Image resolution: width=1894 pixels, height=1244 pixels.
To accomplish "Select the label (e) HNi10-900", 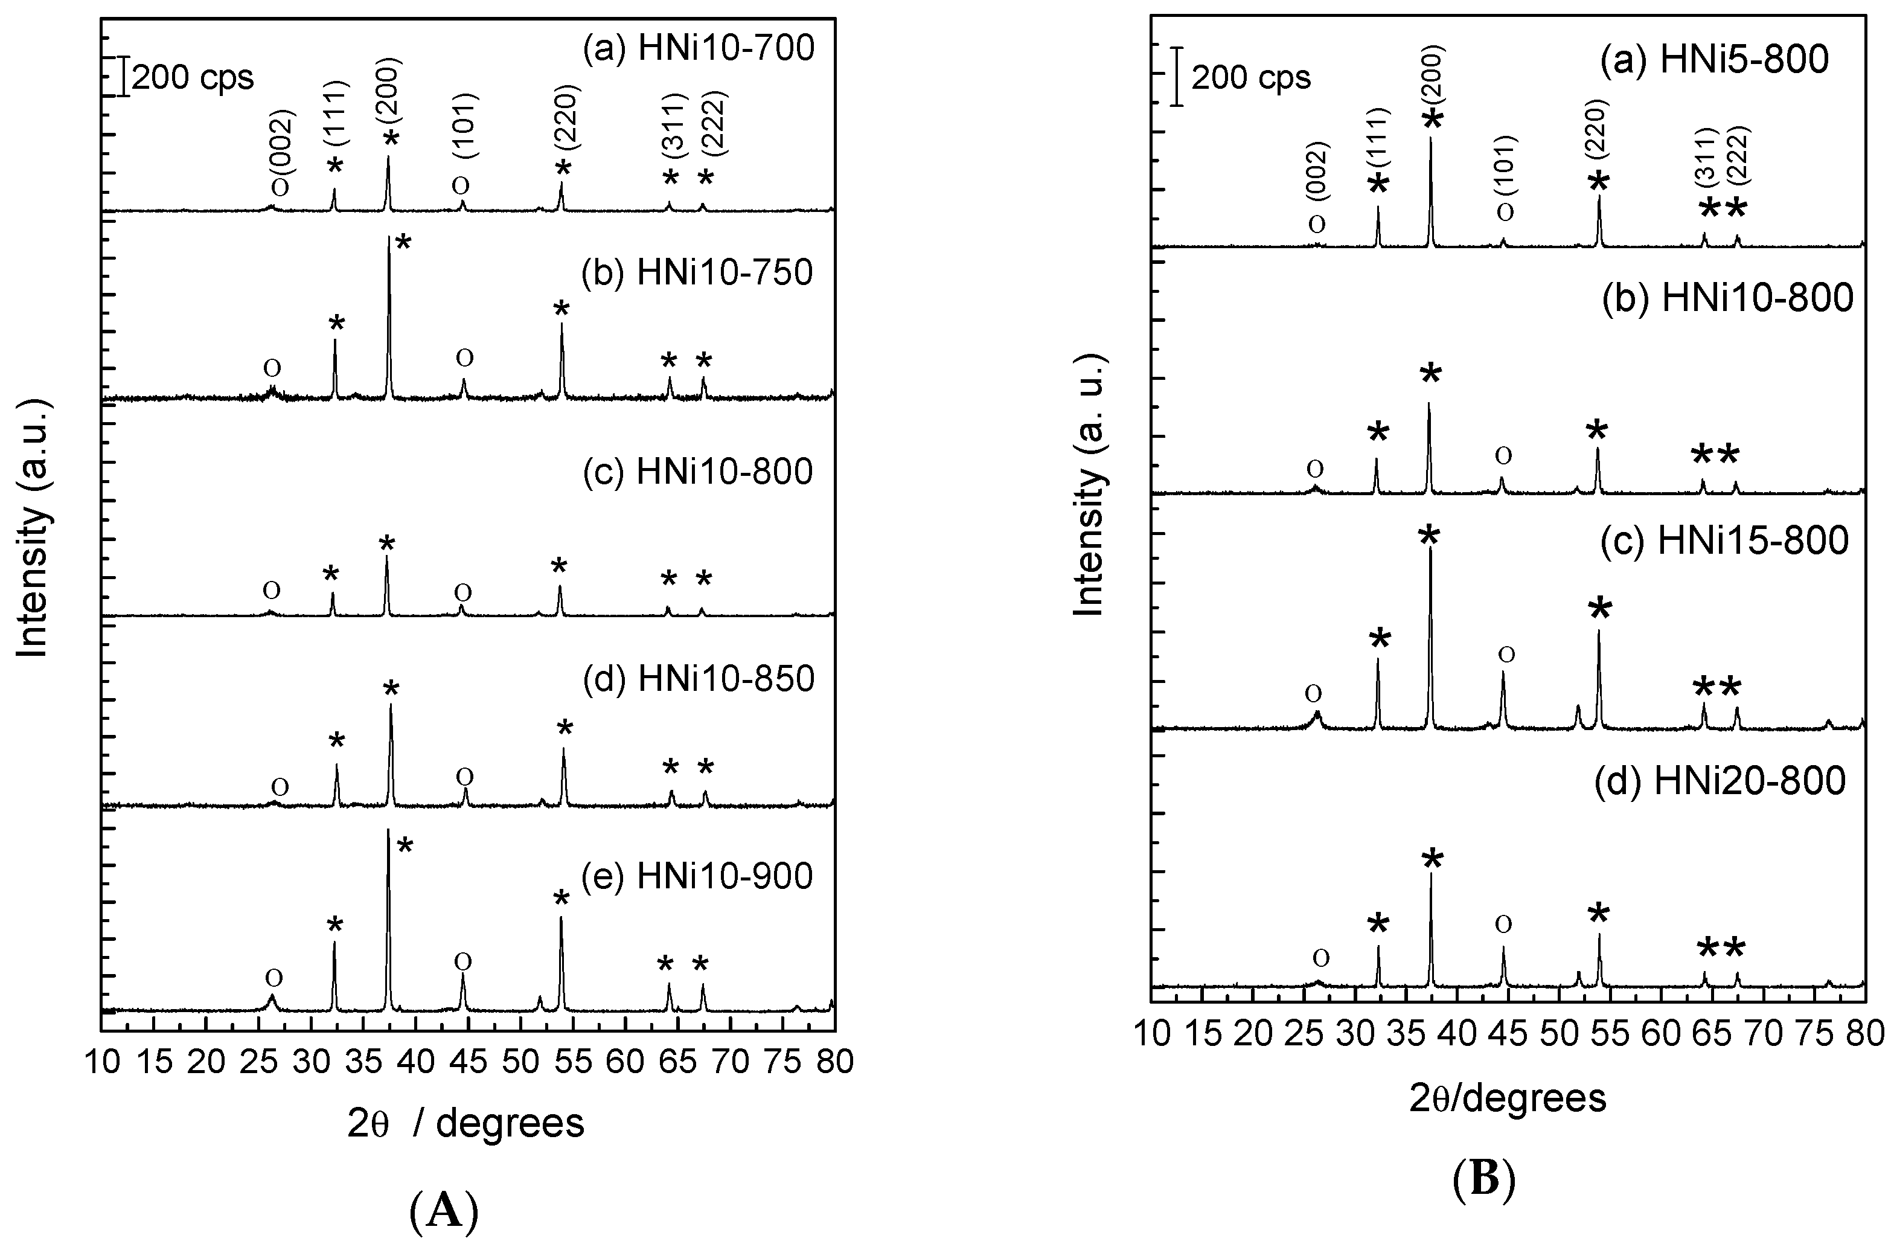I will pos(697,876).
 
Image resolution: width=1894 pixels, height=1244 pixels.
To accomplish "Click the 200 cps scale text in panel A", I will pos(192,78).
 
